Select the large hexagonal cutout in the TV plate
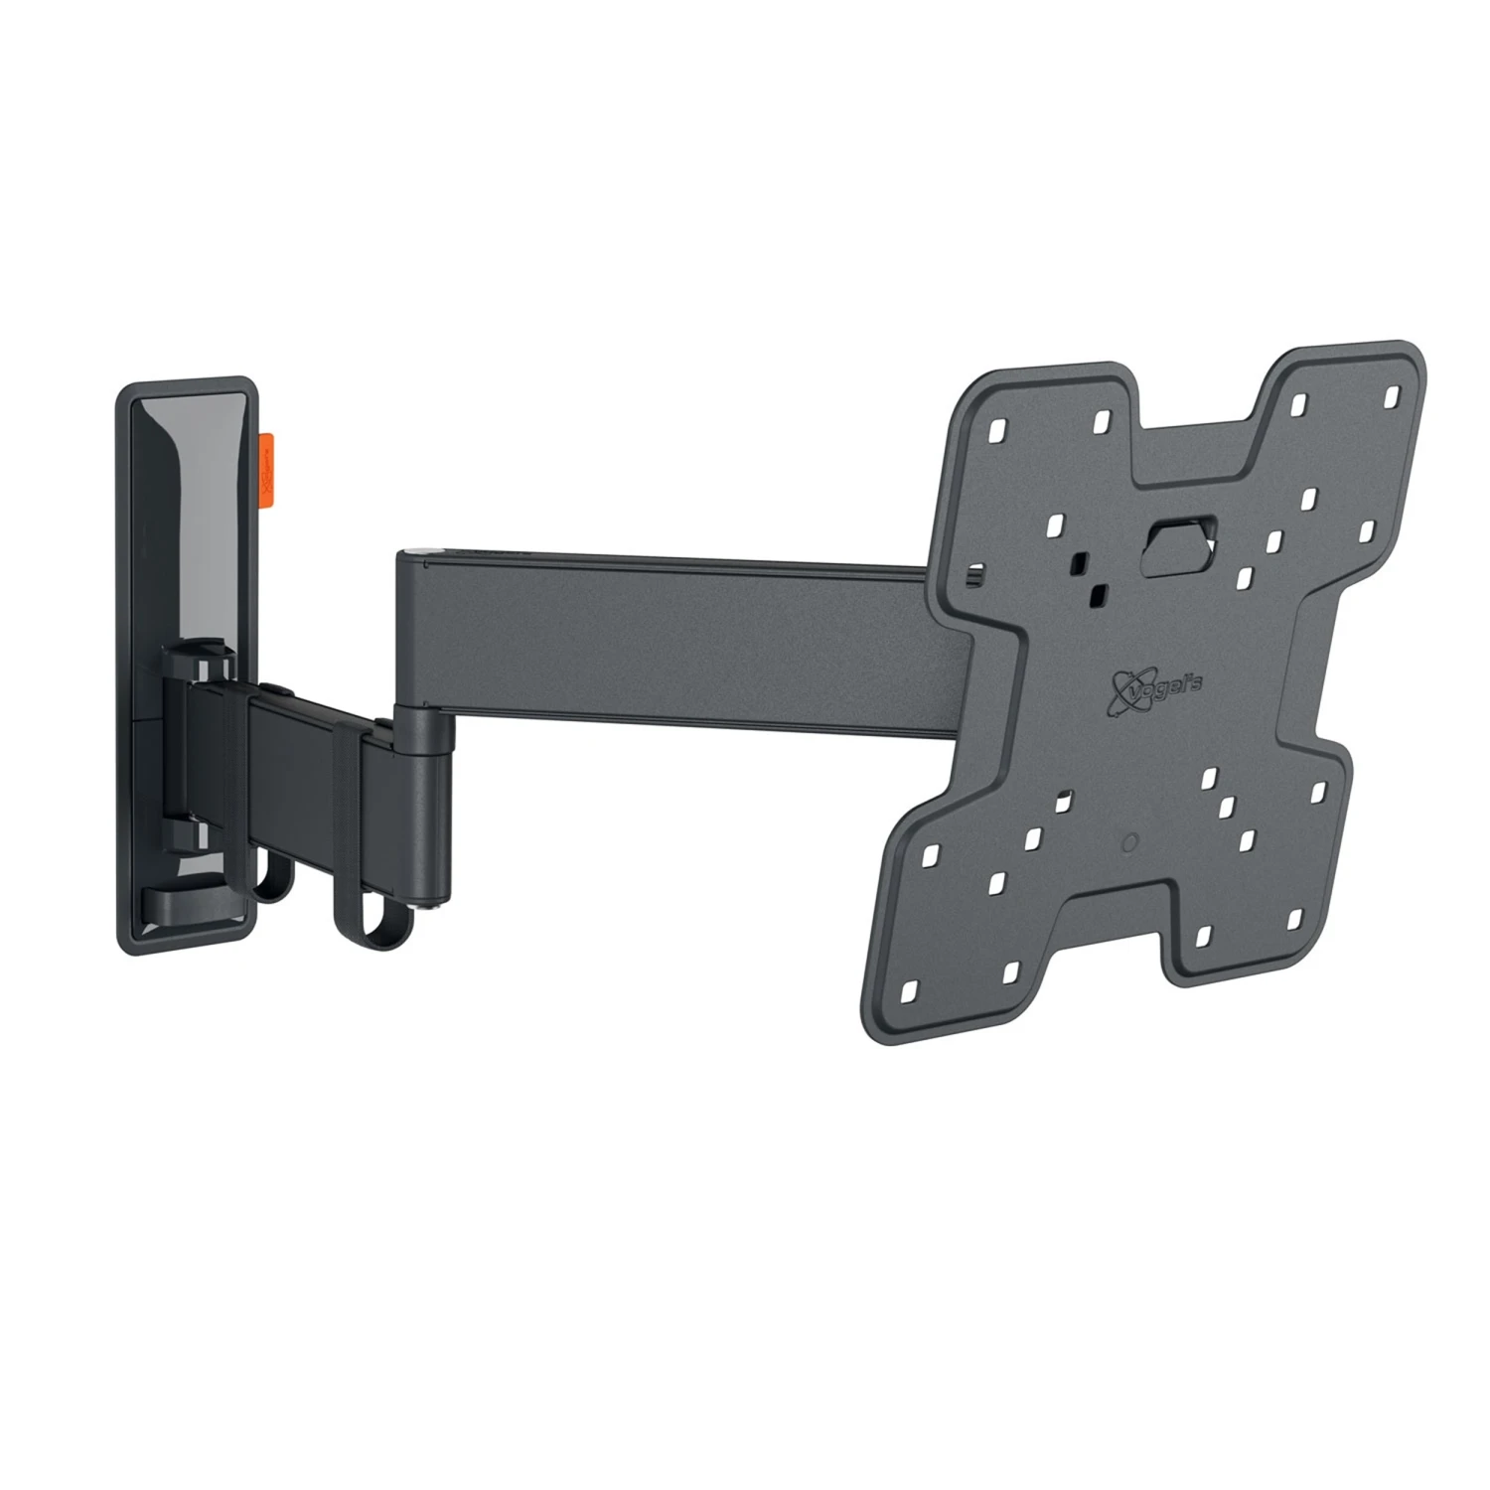(x=1178, y=545)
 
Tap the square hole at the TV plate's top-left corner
(x=996, y=432)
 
